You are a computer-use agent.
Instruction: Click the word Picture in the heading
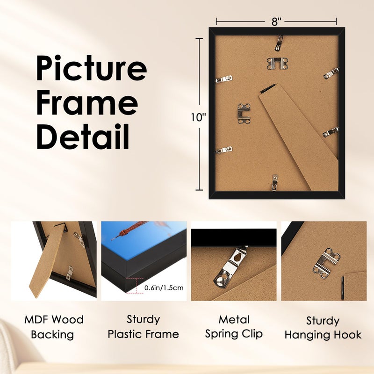click(x=92, y=68)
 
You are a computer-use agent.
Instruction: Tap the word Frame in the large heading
click(x=87, y=103)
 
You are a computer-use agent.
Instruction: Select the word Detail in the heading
click(x=83, y=137)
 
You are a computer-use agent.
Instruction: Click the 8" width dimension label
click(x=276, y=22)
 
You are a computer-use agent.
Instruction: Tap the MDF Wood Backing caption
click(x=54, y=327)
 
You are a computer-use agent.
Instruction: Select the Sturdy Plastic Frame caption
click(x=143, y=327)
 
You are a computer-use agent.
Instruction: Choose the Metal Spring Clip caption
click(x=234, y=327)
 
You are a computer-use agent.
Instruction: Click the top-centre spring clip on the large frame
click(x=279, y=43)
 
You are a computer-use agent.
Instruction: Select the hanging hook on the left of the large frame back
click(x=244, y=114)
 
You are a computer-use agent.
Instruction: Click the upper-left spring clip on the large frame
click(x=223, y=79)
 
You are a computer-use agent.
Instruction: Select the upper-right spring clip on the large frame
click(x=331, y=73)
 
